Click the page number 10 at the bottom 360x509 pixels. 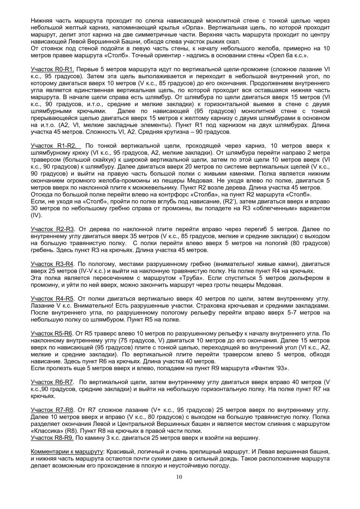pyautogui.click(x=180, y=478)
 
